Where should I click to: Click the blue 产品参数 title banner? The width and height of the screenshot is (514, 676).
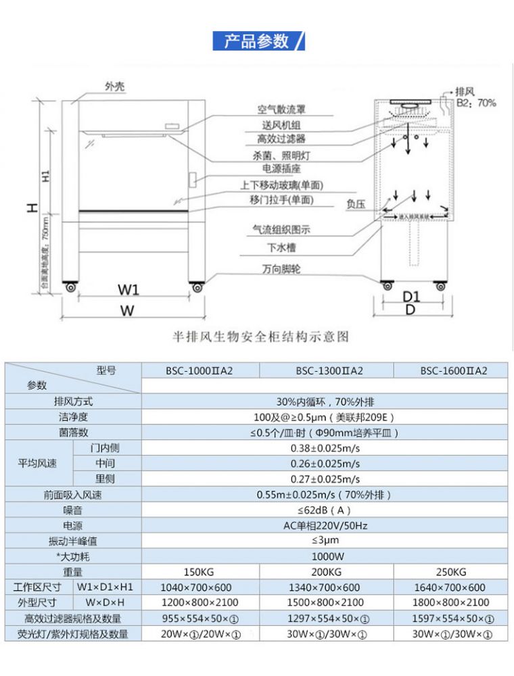pyautogui.click(x=258, y=41)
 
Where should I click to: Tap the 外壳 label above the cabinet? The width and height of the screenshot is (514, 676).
pyautogui.click(x=115, y=86)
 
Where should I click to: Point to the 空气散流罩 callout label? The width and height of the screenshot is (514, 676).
pyautogui.click(x=281, y=109)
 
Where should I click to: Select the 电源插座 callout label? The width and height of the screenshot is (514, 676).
pyautogui.click(x=281, y=169)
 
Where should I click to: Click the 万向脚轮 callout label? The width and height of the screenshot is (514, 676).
pyautogui.click(x=281, y=269)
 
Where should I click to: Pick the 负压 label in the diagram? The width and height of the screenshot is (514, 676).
pyautogui.click(x=356, y=202)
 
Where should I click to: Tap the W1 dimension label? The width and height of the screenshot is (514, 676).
pyautogui.click(x=128, y=290)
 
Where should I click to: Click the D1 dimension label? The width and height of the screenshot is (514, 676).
pyautogui.click(x=411, y=296)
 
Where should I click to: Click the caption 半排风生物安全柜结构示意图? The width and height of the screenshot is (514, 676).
pyautogui.click(x=261, y=336)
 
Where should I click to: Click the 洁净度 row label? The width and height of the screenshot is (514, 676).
pyautogui.click(x=73, y=417)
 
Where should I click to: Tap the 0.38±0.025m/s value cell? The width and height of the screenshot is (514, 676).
pyautogui.click(x=325, y=448)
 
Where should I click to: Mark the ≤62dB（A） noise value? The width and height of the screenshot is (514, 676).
pyautogui.click(x=325, y=510)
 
